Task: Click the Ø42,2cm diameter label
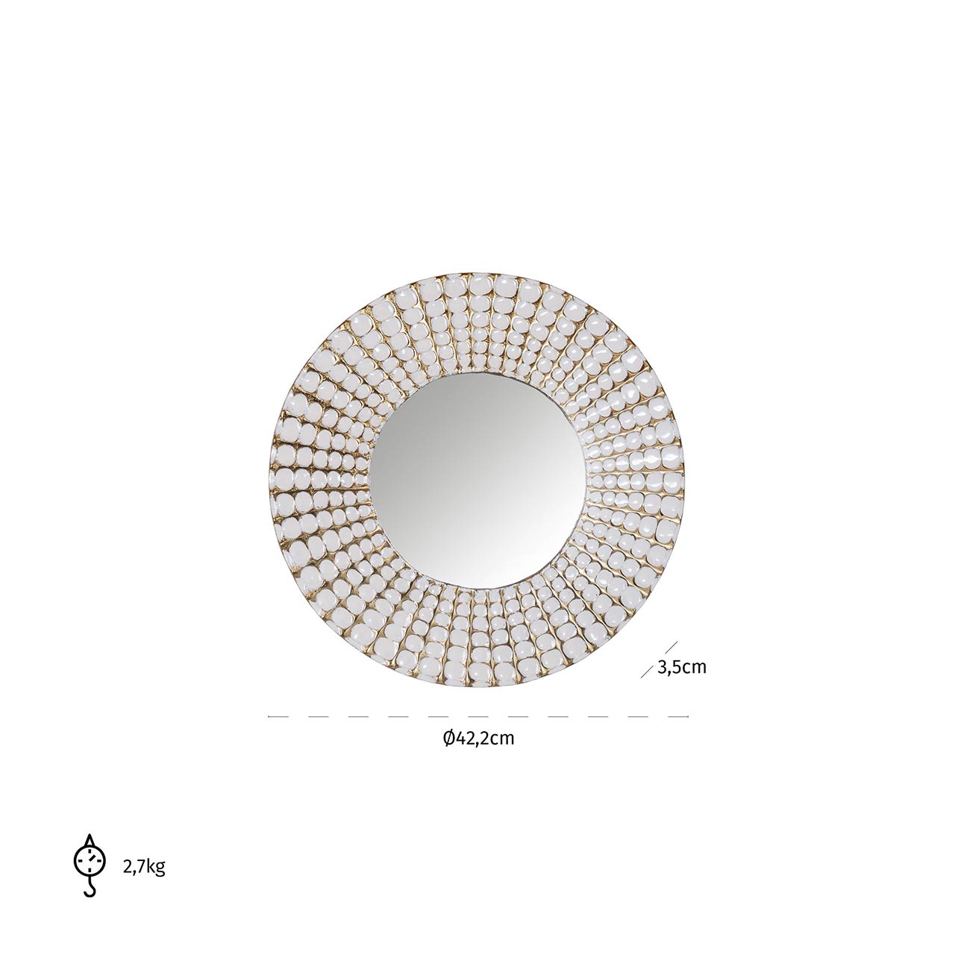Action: pos(479,752)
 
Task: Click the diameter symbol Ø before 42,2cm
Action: pos(449,752)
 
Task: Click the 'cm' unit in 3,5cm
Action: pos(695,668)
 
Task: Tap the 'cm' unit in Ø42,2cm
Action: pos(503,753)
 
